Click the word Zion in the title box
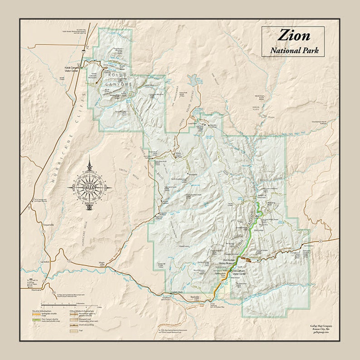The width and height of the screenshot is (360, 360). point(294,35)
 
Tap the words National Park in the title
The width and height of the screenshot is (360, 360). point(294,50)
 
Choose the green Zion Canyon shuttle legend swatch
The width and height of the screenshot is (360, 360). point(35,320)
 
